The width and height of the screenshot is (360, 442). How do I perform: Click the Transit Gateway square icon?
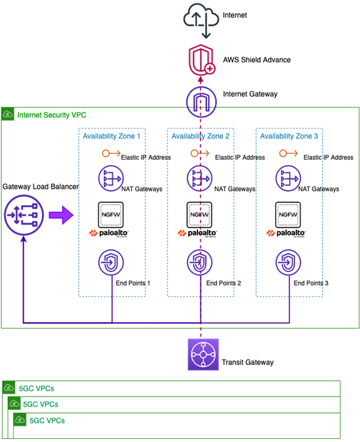[x=201, y=354]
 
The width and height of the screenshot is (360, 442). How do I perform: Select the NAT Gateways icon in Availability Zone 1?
[x=112, y=178]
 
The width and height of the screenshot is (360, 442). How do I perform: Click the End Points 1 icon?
[x=112, y=263]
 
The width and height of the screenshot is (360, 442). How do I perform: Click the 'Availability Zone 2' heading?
[x=200, y=137]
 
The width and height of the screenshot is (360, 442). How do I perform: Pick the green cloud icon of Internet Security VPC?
[x=8, y=114]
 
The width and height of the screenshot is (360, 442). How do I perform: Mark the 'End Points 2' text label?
[x=223, y=284]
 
